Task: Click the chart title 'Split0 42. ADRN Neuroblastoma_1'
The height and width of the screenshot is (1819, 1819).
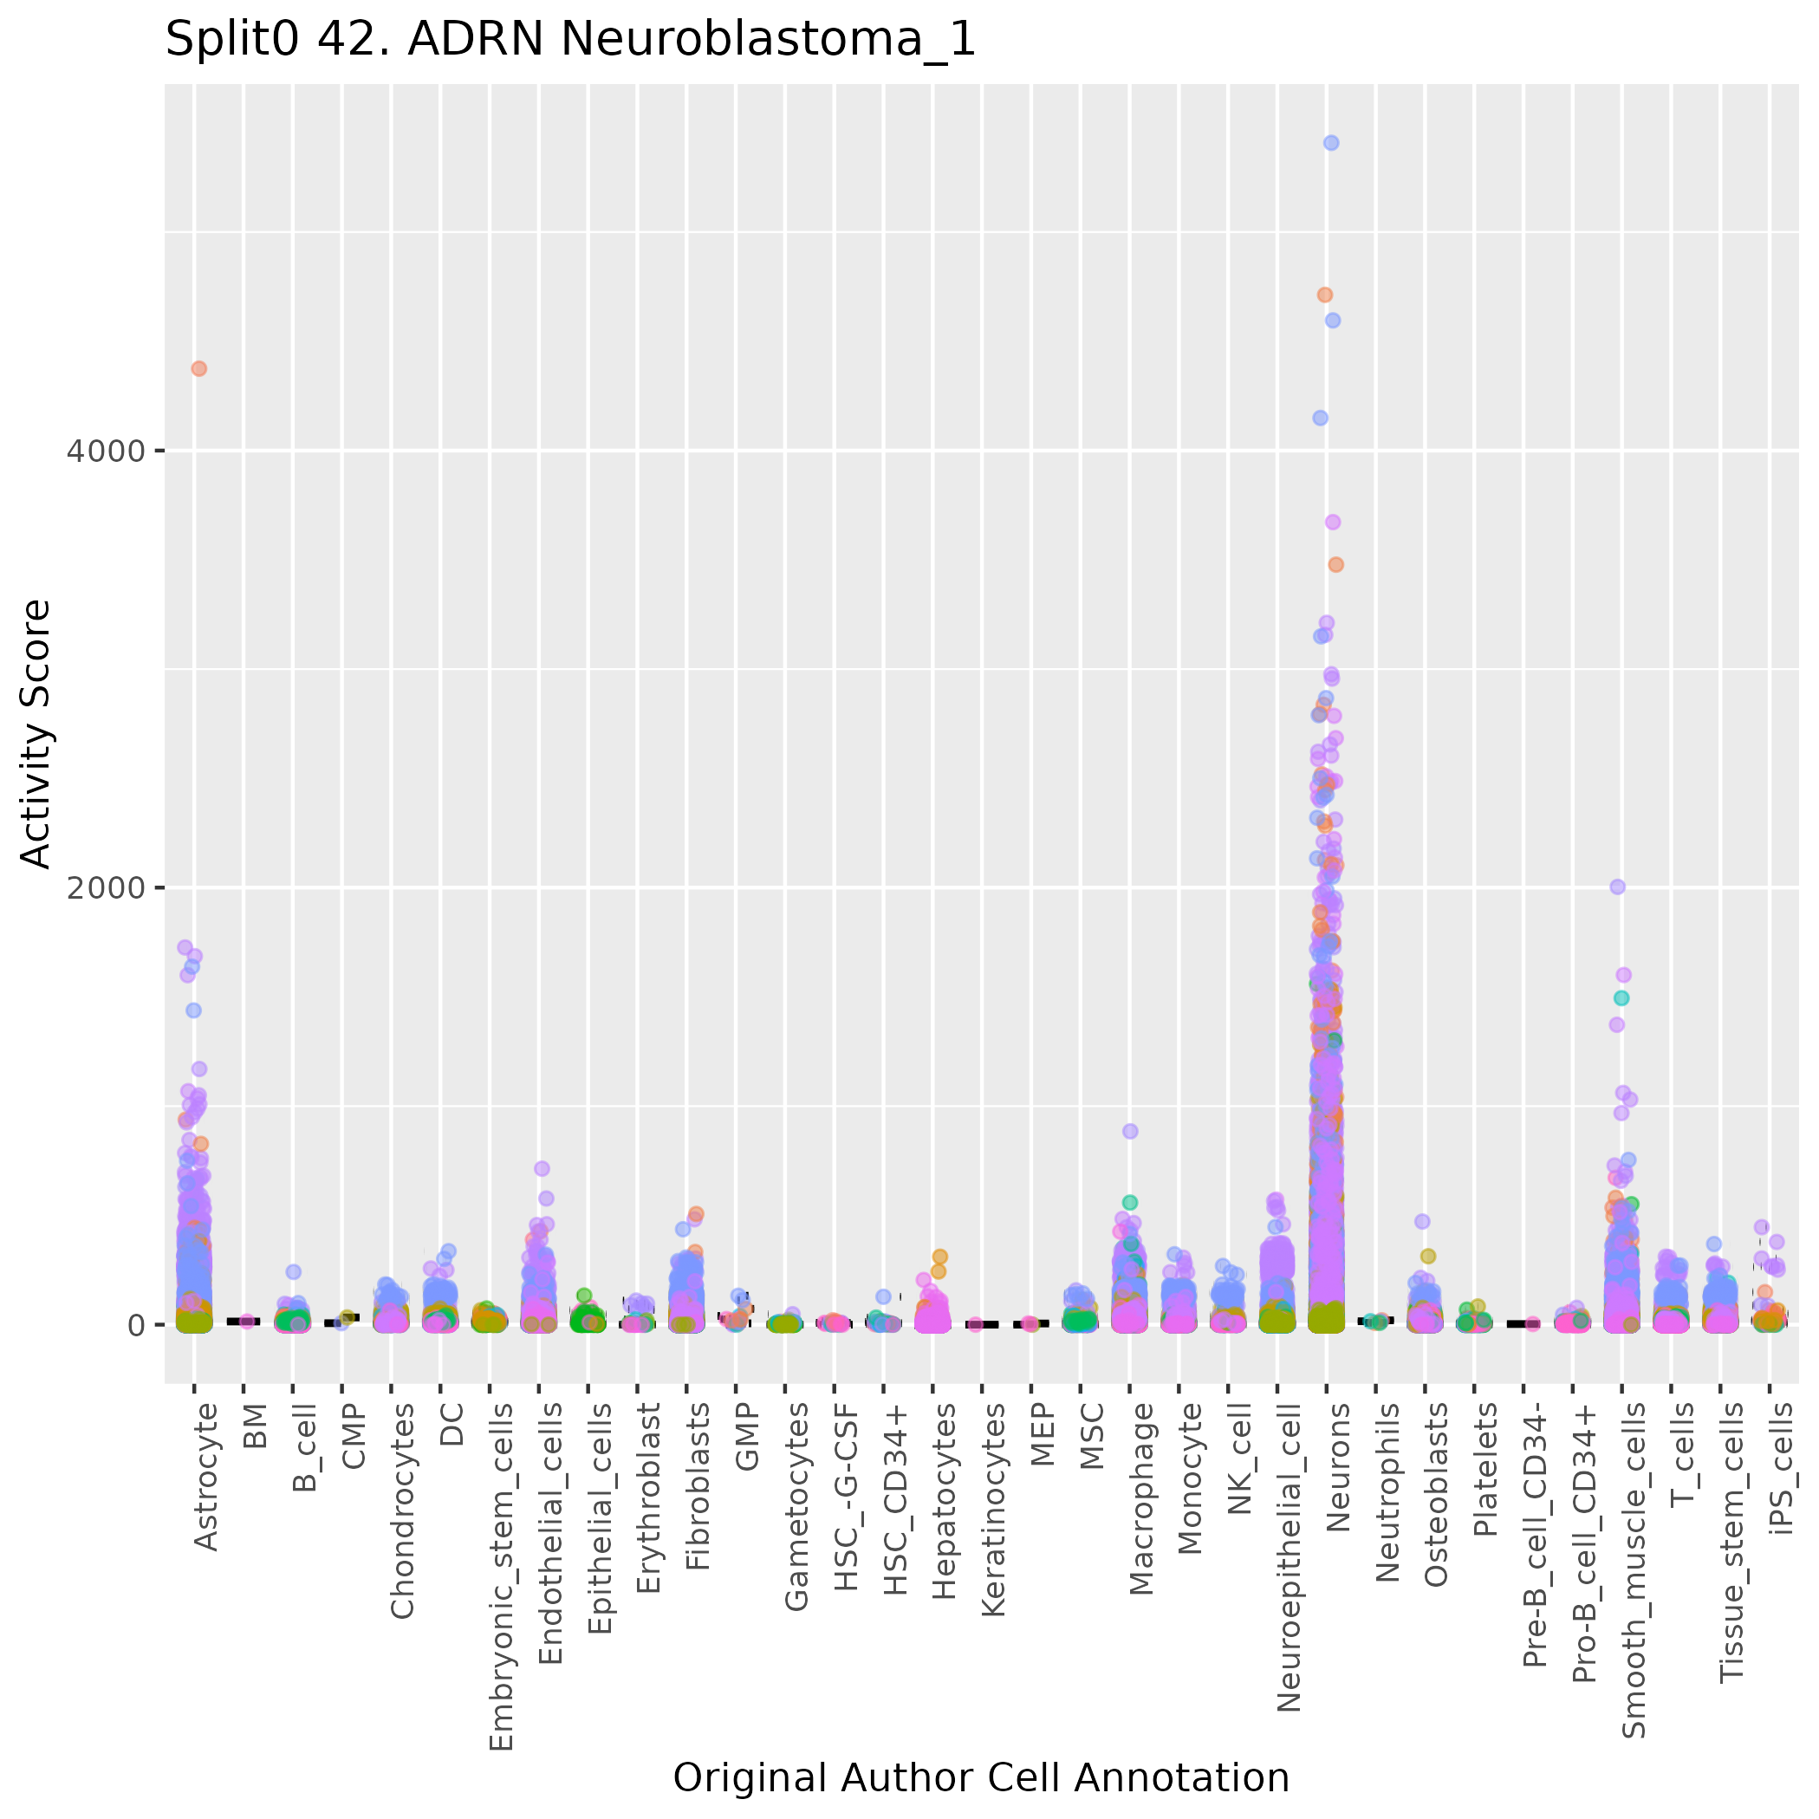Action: [x=569, y=41]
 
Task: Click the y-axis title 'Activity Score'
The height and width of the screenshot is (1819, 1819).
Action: [x=36, y=733]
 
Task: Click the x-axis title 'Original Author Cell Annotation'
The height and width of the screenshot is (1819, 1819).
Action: [x=980, y=1777]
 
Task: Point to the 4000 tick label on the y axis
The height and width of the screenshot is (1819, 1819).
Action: [x=107, y=451]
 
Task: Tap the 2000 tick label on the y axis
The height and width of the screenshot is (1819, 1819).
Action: [x=107, y=888]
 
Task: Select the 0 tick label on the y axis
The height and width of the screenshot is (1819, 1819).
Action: [x=134, y=1325]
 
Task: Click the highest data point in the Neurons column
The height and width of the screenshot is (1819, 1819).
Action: [x=1331, y=143]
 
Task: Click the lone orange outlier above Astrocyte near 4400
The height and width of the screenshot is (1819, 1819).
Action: [x=198, y=369]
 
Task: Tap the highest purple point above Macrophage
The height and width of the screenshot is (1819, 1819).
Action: [x=1130, y=1132]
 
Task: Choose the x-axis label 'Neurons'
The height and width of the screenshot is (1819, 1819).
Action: [x=1338, y=1468]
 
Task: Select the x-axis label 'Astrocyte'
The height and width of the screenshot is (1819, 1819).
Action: [x=205, y=1477]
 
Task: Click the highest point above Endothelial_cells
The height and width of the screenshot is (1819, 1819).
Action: [x=542, y=1168]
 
